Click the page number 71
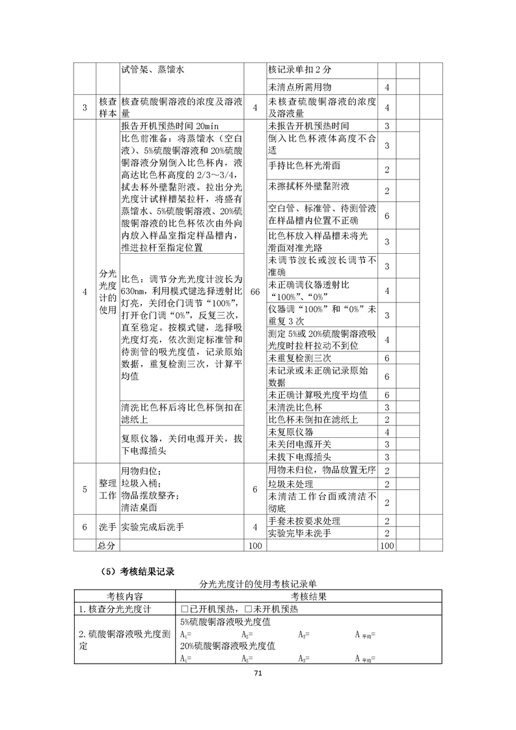pos(258,673)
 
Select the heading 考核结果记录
pos(139,572)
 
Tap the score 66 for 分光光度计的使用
pos(255,292)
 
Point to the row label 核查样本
pos(107,107)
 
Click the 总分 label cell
pos(107,545)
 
